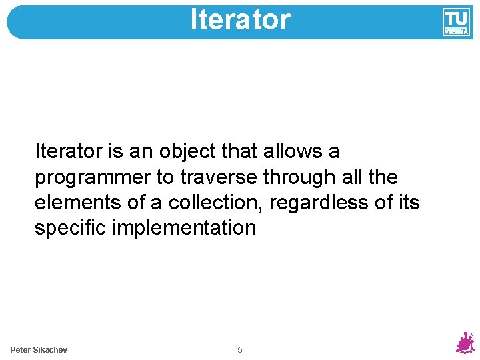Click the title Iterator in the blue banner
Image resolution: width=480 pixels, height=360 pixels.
click(240, 20)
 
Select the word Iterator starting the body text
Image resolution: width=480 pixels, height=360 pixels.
click(68, 152)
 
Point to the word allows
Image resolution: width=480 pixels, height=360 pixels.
click(292, 152)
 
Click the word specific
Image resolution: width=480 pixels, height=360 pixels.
click(71, 228)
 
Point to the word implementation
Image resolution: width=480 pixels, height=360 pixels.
click(184, 228)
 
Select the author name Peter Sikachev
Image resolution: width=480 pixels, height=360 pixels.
click(39, 350)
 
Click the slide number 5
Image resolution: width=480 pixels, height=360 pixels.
click(240, 350)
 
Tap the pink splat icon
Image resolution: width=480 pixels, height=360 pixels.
click(465, 342)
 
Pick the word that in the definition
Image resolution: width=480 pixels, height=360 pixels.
click(239, 152)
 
